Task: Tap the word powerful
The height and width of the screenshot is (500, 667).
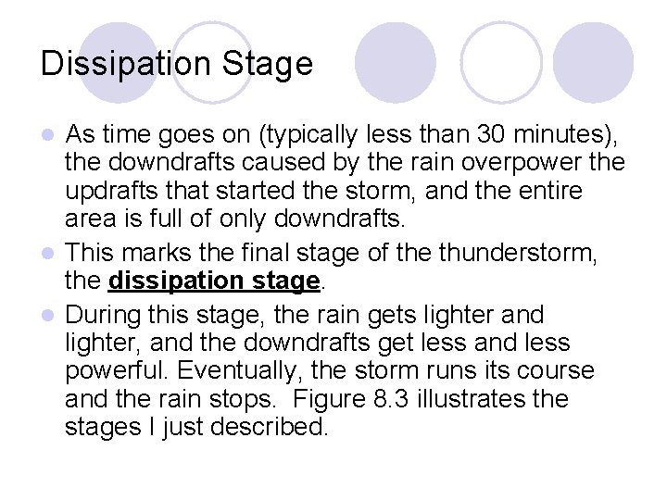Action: click(117, 371)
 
